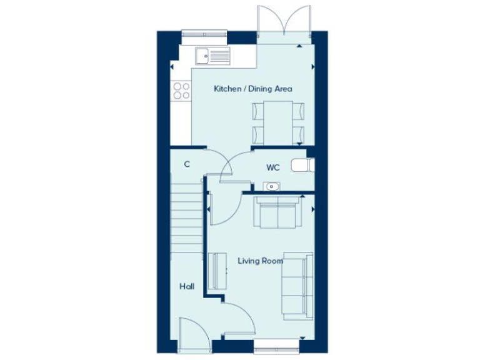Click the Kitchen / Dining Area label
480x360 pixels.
252,89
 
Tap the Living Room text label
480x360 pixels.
260,261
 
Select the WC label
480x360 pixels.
272,167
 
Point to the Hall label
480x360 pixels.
186,287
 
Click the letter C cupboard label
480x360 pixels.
186,164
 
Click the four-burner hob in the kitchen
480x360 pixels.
182,91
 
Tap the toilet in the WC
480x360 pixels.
305,166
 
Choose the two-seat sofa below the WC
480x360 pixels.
277,213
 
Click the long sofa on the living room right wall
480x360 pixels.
297,285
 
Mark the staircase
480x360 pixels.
186,225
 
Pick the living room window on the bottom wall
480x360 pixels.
276,344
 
